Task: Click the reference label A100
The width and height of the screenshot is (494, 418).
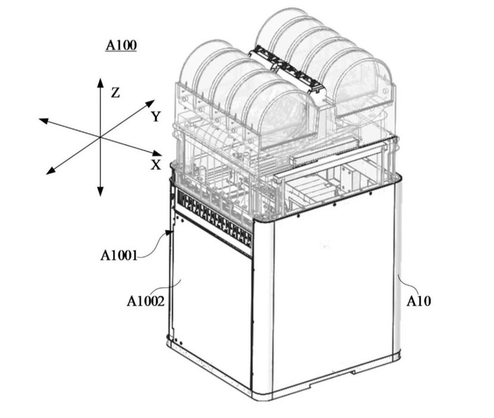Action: (122, 45)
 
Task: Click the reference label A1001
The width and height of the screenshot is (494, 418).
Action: (119, 255)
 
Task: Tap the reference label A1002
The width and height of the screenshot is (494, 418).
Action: (145, 301)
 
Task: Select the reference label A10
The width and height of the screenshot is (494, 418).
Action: (419, 301)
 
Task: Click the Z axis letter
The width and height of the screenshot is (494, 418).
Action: (116, 93)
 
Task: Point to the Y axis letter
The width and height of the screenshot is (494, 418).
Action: (156, 116)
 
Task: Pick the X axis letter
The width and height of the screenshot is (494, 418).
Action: (156, 164)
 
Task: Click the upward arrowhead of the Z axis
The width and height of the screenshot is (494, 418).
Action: (100, 83)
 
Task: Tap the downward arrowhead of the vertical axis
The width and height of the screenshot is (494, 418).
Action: (100, 191)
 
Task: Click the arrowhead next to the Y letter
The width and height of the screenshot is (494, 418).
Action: (150, 103)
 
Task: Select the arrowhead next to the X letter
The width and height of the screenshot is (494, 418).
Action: (157, 153)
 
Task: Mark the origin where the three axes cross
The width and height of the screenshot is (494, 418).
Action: (100, 137)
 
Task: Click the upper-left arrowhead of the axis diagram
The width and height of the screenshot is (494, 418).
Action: (44, 121)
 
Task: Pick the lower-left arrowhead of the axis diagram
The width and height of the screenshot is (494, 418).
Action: (51, 170)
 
